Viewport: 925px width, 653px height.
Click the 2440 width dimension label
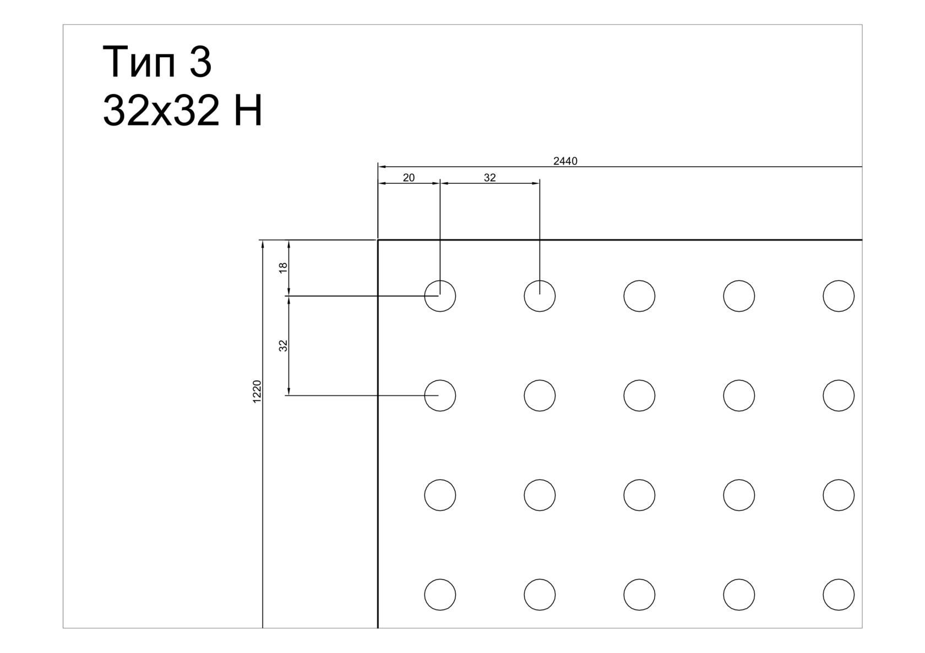[x=565, y=161]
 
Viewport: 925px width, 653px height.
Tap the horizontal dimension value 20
[x=409, y=178]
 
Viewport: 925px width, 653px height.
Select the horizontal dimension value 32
[x=490, y=178]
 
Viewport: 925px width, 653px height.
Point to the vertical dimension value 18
[x=283, y=267]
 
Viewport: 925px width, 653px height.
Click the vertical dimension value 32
[x=283, y=345]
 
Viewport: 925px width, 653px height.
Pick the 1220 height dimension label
[x=257, y=392]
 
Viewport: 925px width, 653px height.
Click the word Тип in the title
[x=139, y=63]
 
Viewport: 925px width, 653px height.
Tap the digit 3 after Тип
[x=200, y=62]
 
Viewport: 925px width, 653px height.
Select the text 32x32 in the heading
[x=161, y=110]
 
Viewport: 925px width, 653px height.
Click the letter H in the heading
[x=248, y=110]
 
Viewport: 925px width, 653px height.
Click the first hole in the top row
[x=440, y=281]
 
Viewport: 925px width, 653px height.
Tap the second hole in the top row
[x=540, y=281]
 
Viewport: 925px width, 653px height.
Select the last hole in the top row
[x=839, y=281]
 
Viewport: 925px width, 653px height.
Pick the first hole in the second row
[x=440, y=380]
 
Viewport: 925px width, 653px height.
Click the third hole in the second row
[x=639, y=380]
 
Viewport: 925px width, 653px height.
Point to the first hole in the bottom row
[x=440, y=579]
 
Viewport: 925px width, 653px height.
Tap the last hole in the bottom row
[x=839, y=579]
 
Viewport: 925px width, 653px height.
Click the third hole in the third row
[x=639, y=479]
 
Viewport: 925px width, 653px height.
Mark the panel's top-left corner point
[x=378, y=240]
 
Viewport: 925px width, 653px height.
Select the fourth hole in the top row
[x=739, y=281]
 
